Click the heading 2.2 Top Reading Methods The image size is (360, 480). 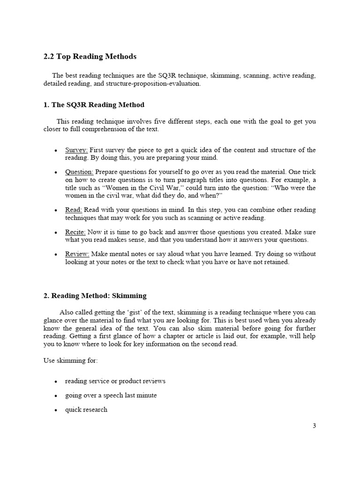[x=90, y=57]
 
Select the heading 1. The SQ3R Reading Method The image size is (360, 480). [x=94, y=105]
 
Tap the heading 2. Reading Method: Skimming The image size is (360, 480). [x=95, y=296]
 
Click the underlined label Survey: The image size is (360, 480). [x=76, y=150]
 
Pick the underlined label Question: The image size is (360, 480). [x=79, y=172]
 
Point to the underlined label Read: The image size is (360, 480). [x=74, y=210]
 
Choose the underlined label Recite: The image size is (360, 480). [x=75, y=232]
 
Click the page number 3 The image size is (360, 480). [x=314, y=426]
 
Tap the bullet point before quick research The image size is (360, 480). [x=56, y=410]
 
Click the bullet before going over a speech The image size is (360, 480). [x=56, y=396]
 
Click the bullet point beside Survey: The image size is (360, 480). [x=56, y=151]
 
